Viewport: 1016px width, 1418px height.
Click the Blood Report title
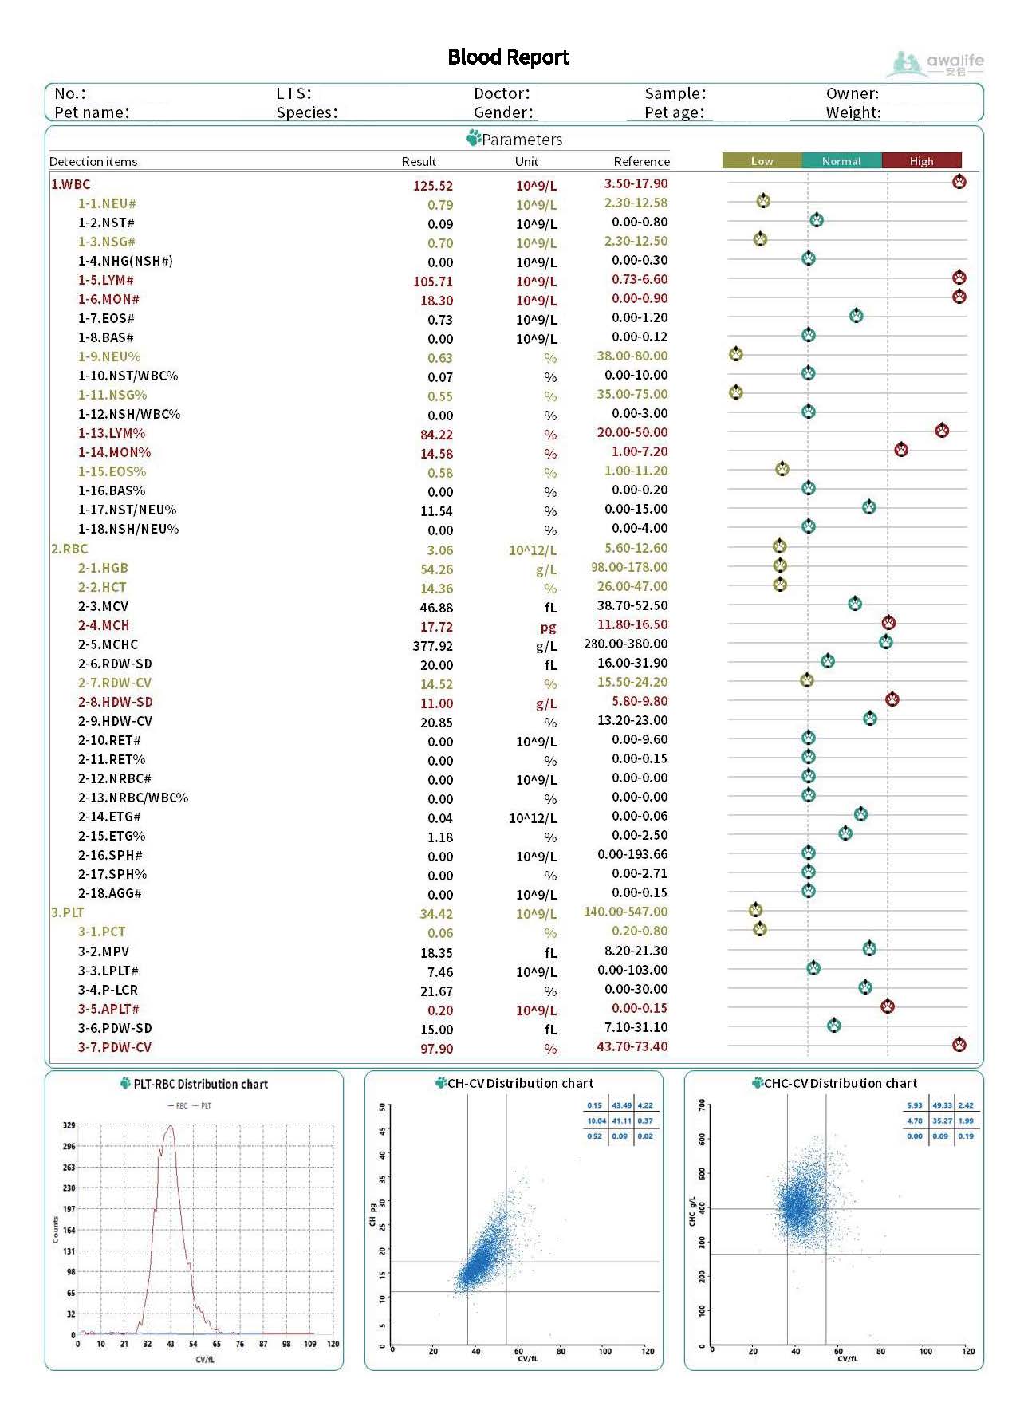pos(508,57)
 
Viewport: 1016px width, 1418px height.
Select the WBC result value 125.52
pos(432,186)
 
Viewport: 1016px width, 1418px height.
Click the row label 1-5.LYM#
pos(105,281)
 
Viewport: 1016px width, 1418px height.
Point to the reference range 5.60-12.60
pos(636,548)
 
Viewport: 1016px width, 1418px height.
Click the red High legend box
pos(921,161)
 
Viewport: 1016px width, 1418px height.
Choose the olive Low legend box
pos(762,161)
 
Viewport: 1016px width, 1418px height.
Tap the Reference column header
pos(641,162)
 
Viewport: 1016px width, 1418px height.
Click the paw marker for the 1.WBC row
pos(959,182)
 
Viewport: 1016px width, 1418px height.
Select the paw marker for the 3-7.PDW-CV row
pos(959,1044)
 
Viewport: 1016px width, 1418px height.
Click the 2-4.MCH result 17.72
pos(436,627)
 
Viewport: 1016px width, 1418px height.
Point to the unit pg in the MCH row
pos(548,627)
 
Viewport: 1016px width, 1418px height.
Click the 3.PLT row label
pos(68,912)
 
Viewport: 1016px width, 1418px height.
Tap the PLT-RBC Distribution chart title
pos(200,1084)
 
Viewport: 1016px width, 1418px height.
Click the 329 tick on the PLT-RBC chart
pos(69,1125)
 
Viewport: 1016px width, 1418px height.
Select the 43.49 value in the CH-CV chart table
pos(621,1105)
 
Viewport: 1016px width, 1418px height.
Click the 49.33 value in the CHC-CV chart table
pos(942,1105)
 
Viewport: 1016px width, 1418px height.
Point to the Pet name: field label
pos(92,112)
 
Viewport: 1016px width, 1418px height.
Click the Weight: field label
pos(853,112)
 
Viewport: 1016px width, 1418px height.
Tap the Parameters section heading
pos(522,140)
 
